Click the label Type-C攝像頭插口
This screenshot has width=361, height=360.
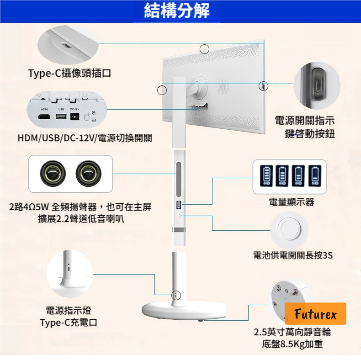(69, 73)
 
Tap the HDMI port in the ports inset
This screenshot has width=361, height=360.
(44, 117)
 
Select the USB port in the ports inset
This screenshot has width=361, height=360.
(61, 117)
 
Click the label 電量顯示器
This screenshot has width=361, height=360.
(291, 202)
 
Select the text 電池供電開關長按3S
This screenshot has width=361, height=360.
(293, 255)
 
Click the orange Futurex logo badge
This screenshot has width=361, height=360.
(315, 314)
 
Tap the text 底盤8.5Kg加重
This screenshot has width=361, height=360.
(292, 344)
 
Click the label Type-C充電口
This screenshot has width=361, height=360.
(69, 323)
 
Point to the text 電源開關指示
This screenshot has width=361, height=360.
(305, 121)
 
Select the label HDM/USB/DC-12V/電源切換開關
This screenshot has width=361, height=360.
(85, 138)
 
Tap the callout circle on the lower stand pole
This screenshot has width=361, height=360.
(175, 296)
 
